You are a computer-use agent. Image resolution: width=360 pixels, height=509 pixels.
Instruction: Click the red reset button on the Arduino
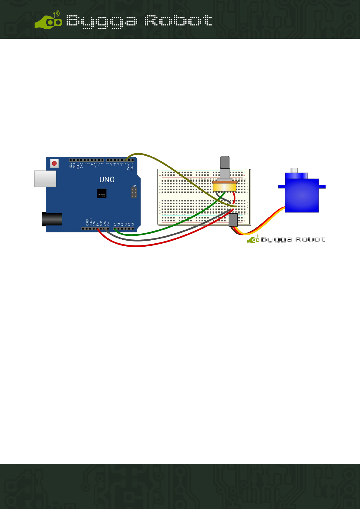[x=54, y=164]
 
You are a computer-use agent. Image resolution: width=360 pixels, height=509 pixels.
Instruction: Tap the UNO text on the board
[x=107, y=180]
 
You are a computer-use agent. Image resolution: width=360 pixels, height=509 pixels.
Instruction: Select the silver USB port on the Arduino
[x=45, y=179]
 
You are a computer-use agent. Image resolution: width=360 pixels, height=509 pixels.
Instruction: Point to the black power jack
[x=52, y=219]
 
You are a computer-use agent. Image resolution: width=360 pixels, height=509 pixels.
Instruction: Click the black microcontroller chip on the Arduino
[x=102, y=193]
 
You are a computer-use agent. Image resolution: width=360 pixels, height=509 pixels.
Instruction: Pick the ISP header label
[x=134, y=186]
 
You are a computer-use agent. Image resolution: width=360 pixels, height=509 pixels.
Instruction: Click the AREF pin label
[x=78, y=166]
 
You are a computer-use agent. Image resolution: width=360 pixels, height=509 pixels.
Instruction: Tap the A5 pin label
[x=133, y=225]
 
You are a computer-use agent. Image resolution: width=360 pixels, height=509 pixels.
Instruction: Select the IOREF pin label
[x=87, y=222]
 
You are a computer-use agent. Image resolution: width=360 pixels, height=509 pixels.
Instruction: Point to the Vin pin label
[x=108, y=224]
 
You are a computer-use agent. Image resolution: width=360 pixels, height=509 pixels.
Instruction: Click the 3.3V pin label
[x=94, y=223]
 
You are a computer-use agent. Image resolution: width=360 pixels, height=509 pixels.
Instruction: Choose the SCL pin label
[x=71, y=166]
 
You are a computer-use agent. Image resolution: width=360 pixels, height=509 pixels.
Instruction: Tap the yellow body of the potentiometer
[x=224, y=187]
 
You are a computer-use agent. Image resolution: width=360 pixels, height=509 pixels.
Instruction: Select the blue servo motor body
[x=302, y=195]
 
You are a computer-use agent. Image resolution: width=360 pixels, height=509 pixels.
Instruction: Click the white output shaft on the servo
[x=294, y=170]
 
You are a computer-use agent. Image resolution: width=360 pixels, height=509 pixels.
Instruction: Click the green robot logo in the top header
[x=48, y=21]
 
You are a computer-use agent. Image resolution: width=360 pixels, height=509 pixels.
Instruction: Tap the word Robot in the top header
[x=178, y=21]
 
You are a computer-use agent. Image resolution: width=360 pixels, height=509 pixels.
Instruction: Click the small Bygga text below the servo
[x=276, y=240]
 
